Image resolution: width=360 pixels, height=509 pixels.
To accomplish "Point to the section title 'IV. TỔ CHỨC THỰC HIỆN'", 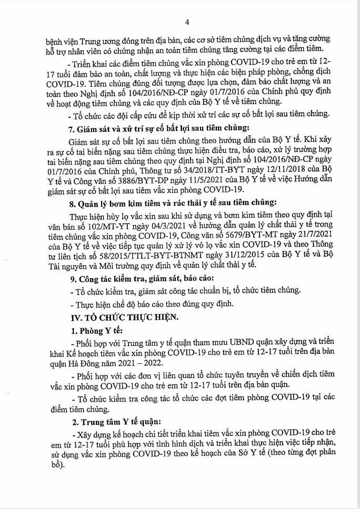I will coord(125,317).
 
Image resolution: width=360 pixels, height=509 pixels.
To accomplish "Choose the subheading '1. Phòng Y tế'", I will coord(96,331).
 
